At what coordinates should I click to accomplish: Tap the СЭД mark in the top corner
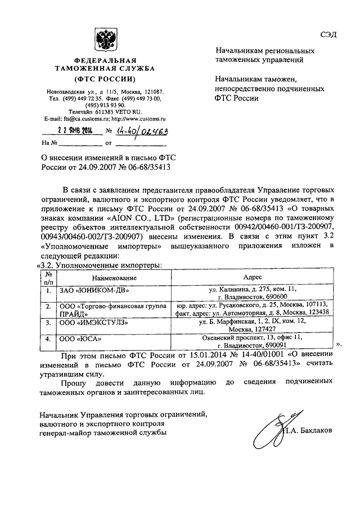pos(328,34)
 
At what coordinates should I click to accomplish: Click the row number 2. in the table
pos(48,307)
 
